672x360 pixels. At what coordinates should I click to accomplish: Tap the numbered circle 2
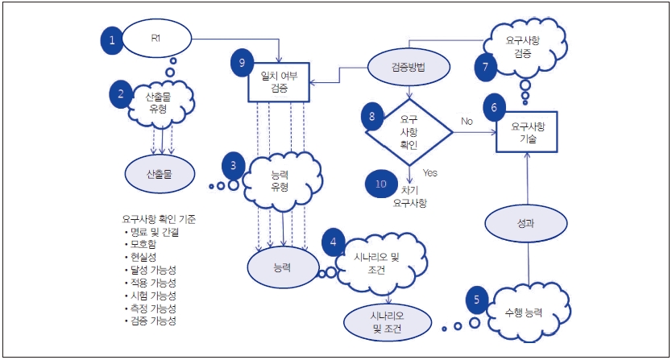(x=122, y=94)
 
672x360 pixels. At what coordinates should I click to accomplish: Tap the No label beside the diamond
(x=467, y=122)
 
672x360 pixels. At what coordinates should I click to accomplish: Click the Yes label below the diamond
(x=429, y=172)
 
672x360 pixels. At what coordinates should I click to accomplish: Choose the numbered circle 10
(x=380, y=184)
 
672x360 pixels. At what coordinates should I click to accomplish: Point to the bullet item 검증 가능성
(x=154, y=321)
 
